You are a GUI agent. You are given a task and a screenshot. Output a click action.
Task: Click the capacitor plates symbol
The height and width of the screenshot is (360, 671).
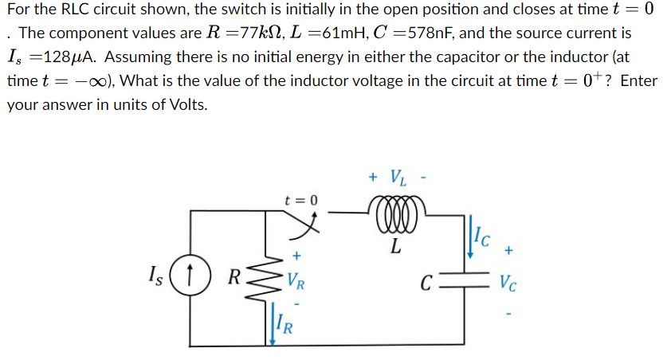point(465,280)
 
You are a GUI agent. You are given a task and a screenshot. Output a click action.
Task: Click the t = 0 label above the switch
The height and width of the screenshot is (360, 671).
point(300,200)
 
